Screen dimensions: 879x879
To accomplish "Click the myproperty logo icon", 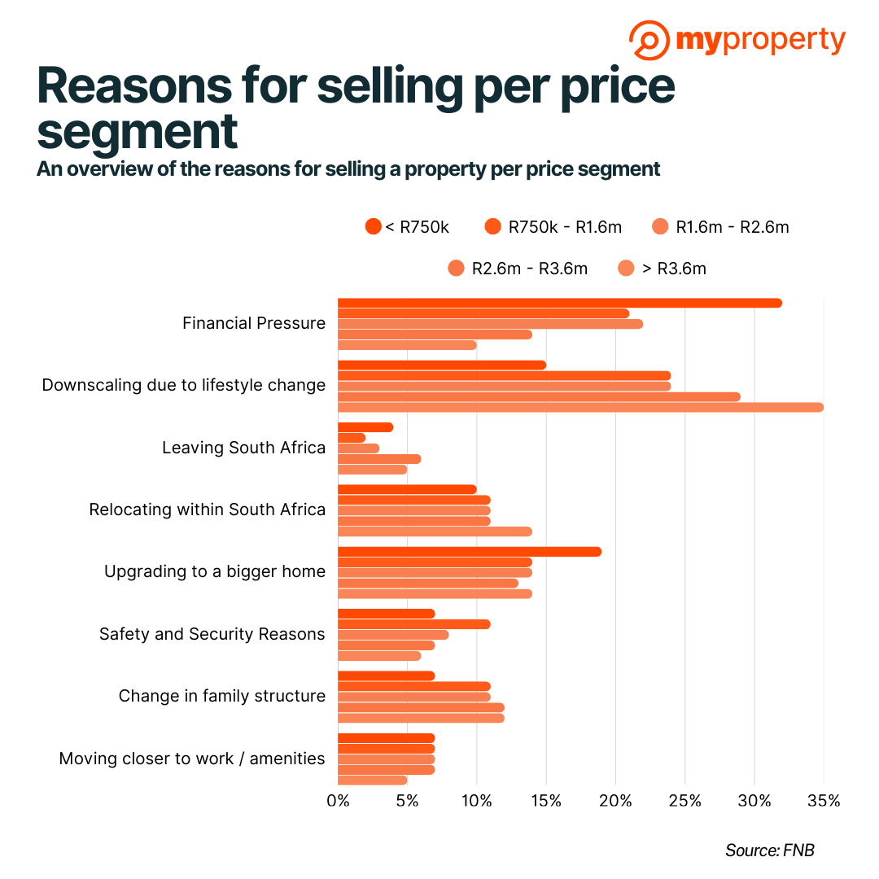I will click(x=649, y=40).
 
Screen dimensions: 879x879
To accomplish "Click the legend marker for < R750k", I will click(x=374, y=227).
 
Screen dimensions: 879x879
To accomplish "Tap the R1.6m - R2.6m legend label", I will click(x=732, y=227).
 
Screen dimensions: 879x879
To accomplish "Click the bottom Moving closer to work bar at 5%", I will click(x=372, y=780).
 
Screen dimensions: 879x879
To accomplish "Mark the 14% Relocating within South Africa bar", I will click(x=435, y=531).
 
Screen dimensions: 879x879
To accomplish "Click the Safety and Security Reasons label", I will click(x=212, y=634).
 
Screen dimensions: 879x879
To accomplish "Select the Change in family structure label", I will click(x=221, y=696).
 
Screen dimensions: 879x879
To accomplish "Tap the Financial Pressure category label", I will click(x=253, y=323).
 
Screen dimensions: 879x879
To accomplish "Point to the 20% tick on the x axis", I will click(x=615, y=801).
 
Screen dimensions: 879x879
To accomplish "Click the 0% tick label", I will click(x=338, y=801).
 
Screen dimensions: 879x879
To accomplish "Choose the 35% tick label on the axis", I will click(x=823, y=801).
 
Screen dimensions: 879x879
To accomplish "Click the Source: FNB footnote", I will click(x=769, y=851).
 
